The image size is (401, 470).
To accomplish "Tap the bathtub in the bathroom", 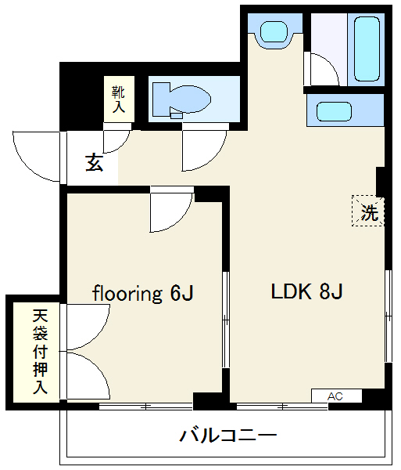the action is point(367,49).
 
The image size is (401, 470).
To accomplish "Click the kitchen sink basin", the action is point(334,111).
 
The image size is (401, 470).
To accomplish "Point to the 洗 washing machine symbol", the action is point(368,211).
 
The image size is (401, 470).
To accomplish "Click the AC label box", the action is point(336,396).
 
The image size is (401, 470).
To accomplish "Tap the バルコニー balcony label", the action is point(228,436).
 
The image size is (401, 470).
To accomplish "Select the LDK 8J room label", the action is point(306,291).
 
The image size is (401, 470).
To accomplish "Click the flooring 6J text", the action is point(143,293).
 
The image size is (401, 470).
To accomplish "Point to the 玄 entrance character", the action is point(95,163).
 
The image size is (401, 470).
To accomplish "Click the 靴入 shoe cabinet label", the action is point(118,99).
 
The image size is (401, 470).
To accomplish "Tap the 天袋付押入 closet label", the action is point(41,351).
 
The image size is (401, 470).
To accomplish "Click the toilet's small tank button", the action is point(177,116).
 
